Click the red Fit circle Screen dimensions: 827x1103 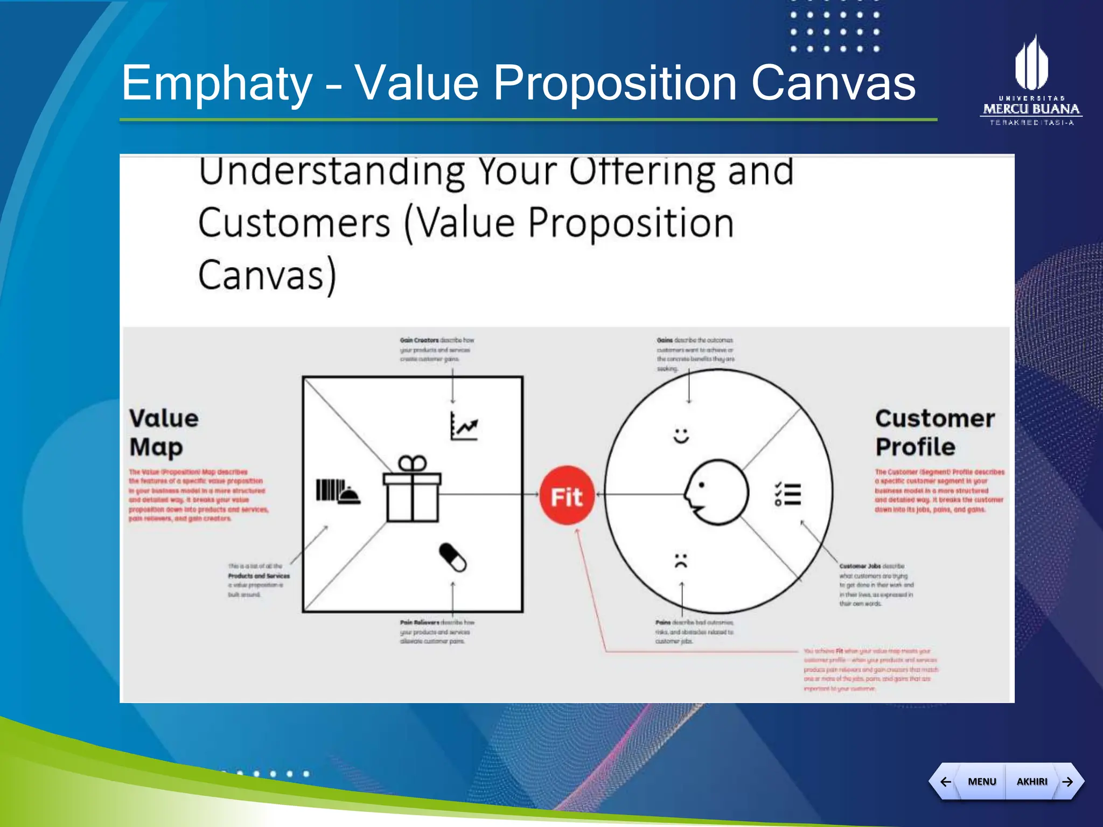coord(567,495)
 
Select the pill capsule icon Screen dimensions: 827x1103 coord(453,557)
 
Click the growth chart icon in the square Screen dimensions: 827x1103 coord(464,426)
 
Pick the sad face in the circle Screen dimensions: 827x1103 coord(681,560)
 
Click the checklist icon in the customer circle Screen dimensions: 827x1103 coord(788,494)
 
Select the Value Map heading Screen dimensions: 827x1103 coord(164,432)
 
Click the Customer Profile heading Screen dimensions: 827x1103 coord(934,432)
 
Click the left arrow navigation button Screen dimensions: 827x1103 coord(945,781)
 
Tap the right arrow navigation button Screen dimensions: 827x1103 coord(1067,781)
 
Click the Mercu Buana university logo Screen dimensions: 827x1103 coord(1031,81)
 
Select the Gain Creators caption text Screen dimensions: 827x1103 coord(436,349)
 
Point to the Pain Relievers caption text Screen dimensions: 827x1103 coord(436,632)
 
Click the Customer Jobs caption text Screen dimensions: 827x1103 coord(875,585)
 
